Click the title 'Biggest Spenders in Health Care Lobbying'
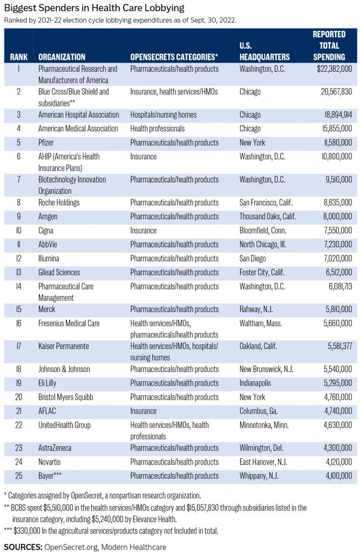94,8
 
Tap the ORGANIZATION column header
62,57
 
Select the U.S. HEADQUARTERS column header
264,51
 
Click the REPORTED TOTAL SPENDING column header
329,45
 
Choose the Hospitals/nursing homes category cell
164,114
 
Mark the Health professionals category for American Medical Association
158,129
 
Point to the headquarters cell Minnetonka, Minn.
264,425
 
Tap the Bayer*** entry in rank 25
50,476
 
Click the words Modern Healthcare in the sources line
138,547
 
